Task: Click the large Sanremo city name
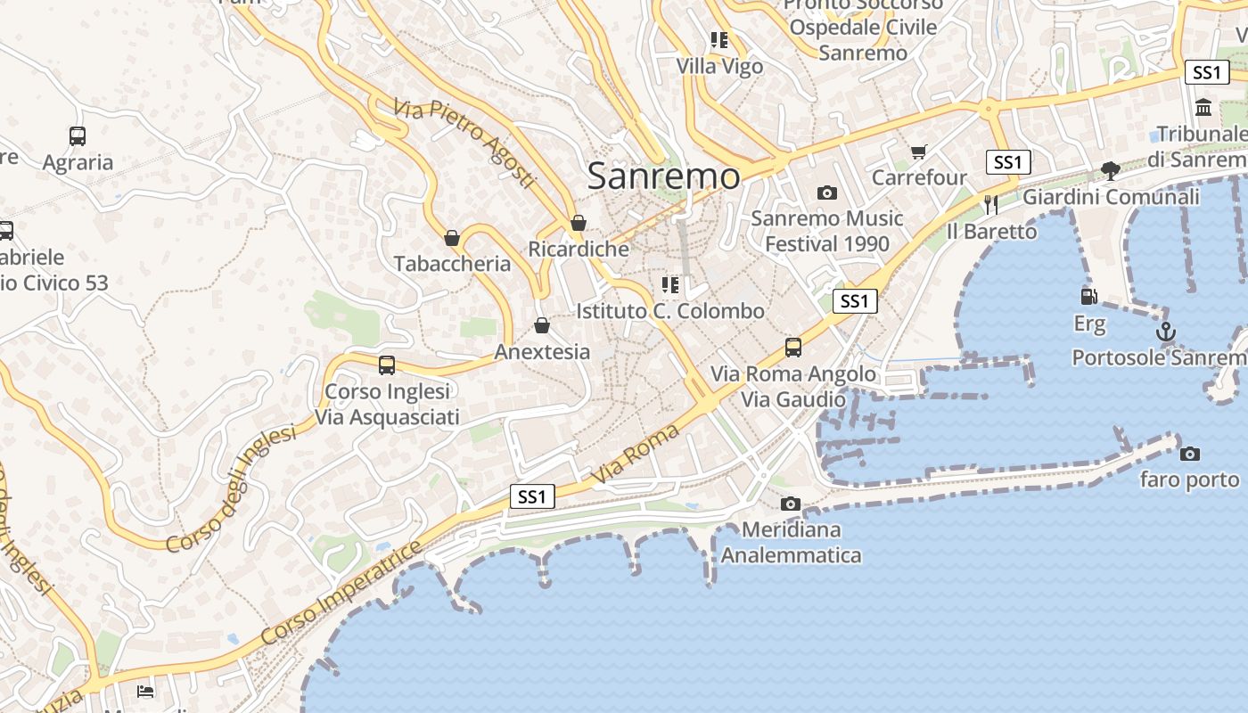tap(663, 176)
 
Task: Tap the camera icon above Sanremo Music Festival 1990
tap(826, 193)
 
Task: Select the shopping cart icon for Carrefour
tap(918, 152)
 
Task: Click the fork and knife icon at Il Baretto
tap(990, 205)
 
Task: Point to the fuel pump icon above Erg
tap(1088, 297)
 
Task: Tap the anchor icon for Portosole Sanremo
tap(1165, 332)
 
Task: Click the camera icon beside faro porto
tap(1189, 454)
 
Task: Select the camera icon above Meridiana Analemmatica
tap(790, 504)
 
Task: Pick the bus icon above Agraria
tap(78, 136)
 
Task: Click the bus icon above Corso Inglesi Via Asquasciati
tap(386, 365)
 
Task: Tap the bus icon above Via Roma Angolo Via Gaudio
tap(792, 347)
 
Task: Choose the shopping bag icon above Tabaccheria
tap(452, 238)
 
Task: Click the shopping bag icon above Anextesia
tap(541, 325)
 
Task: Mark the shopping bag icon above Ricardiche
tap(579, 223)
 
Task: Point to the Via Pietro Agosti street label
tap(464, 143)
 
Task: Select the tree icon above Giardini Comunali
tap(1110, 170)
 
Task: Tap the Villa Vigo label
tap(719, 66)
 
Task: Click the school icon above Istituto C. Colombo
tap(669, 285)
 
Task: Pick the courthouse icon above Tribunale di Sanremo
tap(1203, 108)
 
